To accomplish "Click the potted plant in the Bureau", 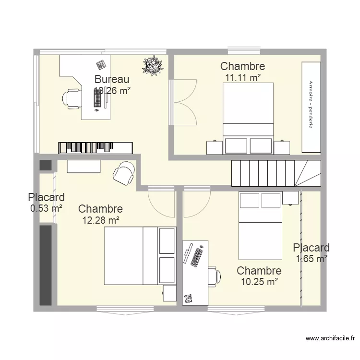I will tap(153, 66).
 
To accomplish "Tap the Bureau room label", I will tap(111, 79).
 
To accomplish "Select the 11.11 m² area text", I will tap(242, 77).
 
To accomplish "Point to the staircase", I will tap(276, 173).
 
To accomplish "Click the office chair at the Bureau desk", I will tap(71, 98).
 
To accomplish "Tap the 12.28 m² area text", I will tap(100, 220).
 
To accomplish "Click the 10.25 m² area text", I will tap(259, 282).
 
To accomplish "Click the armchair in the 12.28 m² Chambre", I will tap(124, 173).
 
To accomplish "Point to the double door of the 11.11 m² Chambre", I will tap(182, 102).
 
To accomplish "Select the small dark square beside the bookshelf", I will tap(45, 165).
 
